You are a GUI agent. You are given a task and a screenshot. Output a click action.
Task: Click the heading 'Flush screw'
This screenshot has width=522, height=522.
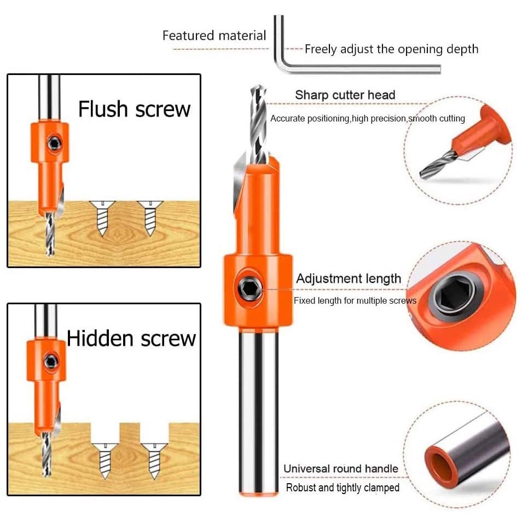click(x=134, y=109)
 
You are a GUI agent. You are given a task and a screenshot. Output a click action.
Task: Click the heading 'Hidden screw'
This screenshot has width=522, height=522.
click(x=131, y=339)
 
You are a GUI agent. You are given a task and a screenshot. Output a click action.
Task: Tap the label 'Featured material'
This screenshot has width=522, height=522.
click(x=214, y=35)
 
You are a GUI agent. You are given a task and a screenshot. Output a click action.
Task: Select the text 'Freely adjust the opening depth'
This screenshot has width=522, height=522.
click(x=392, y=49)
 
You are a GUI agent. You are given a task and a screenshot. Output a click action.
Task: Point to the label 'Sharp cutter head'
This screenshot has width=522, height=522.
click(x=345, y=95)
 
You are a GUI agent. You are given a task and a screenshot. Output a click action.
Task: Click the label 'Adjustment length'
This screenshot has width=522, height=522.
click(x=349, y=279)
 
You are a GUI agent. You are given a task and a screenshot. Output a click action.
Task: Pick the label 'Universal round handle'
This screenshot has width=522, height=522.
click(x=341, y=469)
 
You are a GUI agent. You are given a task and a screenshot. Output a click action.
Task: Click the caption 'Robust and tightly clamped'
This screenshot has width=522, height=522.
click(x=343, y=488)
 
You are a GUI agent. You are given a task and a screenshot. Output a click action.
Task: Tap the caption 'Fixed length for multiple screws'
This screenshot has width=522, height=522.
click(x=355, y=300)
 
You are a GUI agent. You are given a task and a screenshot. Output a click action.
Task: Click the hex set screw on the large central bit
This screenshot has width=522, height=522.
click(x=249, y=288)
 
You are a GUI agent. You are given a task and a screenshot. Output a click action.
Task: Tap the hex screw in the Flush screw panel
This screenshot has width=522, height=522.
click(x=54, y=143)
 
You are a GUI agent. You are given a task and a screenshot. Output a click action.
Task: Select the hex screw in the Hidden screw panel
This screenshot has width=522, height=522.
click(x=51, y=361)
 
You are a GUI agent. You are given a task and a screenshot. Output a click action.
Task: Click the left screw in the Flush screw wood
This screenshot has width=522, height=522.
click(x=102, y=218)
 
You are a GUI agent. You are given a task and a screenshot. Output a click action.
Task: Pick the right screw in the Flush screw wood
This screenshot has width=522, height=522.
click(x=150, y=218)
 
